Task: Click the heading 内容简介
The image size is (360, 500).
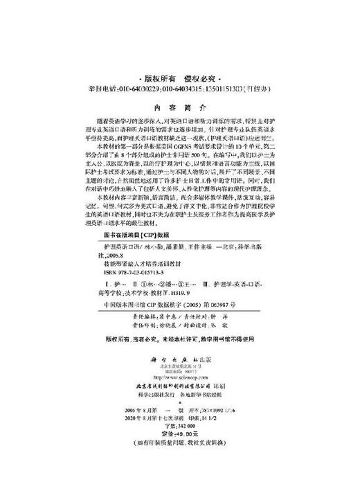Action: [179, 107]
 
